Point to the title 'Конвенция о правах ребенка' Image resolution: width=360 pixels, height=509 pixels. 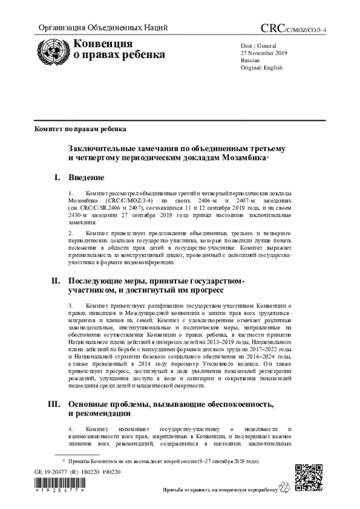point(116,49)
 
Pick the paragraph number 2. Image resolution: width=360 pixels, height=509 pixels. point(71,232)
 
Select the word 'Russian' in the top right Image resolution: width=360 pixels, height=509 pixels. point(250,60)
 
